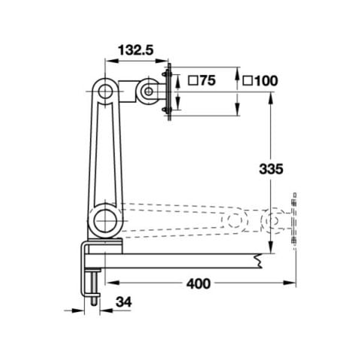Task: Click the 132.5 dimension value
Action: (135, 50)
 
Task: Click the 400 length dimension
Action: (198, 283)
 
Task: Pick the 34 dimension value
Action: (124, 302)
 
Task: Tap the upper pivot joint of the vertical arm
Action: (105, 90)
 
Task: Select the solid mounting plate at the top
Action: (168, 92)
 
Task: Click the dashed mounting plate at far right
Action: (295, 222)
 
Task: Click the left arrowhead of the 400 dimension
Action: (108, 283)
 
